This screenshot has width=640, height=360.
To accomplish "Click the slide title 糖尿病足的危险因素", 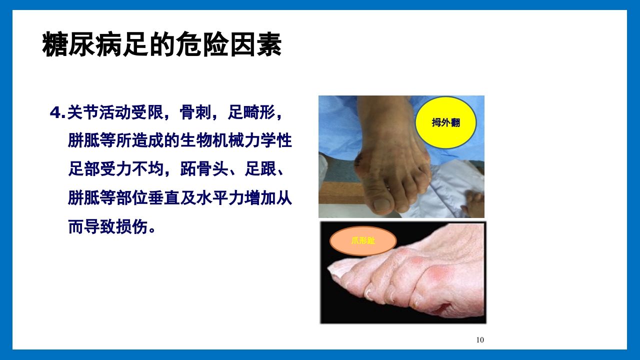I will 162,45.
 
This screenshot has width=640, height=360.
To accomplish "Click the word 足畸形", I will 251,113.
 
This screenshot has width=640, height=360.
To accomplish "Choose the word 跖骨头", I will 203,170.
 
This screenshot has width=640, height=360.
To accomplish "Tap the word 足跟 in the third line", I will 260,170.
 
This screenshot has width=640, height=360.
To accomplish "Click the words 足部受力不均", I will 116,170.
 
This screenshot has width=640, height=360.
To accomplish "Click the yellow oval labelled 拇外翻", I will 445,123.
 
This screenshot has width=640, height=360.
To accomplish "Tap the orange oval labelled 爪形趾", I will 363,241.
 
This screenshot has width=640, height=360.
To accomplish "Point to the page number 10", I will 480,340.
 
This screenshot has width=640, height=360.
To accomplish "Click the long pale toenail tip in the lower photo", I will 336,270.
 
